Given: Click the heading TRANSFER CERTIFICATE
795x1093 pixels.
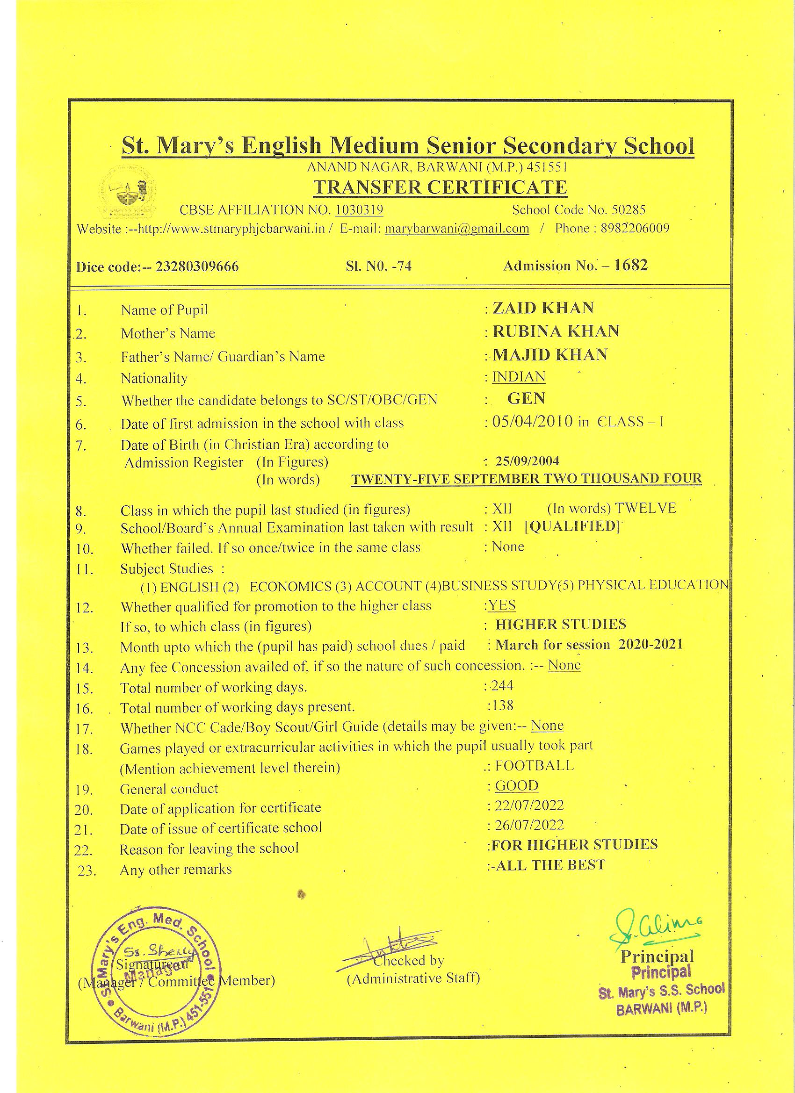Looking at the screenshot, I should tap(440, 187).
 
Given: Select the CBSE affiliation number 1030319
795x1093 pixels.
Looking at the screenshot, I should tap(359, 209).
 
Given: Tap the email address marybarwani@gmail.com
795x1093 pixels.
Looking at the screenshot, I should tap(456, 229).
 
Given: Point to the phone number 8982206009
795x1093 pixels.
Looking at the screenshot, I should tap(635, 228).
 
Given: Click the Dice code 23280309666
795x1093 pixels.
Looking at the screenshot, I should tap(197, 266).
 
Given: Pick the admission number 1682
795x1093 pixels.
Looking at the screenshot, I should tap(631, 265).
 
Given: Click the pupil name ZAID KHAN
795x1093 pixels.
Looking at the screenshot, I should tap(543, 308).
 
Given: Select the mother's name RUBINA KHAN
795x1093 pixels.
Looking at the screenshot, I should tap(556, 331).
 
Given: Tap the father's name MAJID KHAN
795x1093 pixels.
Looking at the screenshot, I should tap(549, 355).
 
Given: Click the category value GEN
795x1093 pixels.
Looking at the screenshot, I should tap(526, 398).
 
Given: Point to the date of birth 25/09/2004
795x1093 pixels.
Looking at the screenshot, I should tap(528, 461).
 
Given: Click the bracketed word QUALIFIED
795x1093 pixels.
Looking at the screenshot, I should tap(571, 526).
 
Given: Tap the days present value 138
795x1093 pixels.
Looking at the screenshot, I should tap(502, 705).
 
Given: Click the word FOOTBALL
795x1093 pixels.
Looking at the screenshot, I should tap(534, 765).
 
